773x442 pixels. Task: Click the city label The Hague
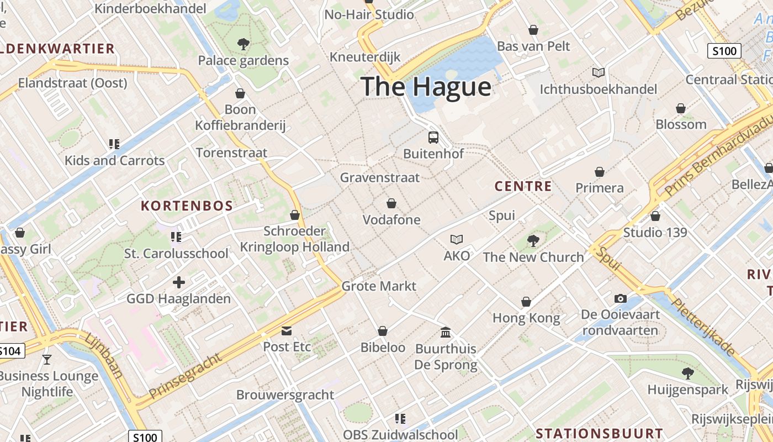point(426,87)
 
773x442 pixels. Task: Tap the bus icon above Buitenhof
point(433,138)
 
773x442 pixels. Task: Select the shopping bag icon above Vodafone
point(391,203)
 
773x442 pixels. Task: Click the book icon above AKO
point(457,239)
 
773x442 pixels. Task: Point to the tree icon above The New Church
point(533,240)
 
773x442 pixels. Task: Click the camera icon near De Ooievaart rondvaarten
point(621,299)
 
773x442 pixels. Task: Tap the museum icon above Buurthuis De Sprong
point(446,333)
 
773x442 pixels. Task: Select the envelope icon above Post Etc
point(287,331)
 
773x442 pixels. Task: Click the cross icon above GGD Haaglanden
point(179,282)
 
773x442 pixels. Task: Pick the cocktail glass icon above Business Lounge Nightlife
point(47,360)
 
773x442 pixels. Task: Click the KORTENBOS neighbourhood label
point(187,206)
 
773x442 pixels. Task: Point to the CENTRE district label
point(523,186)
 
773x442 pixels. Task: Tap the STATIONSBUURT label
point(599,433)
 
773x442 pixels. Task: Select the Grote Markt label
point(379,286)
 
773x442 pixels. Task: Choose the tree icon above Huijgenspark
point(688,373)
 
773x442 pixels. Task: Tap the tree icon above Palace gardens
point(243,44)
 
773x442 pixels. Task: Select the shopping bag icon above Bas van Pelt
point(533,30)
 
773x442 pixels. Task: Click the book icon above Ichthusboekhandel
point(599,72)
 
